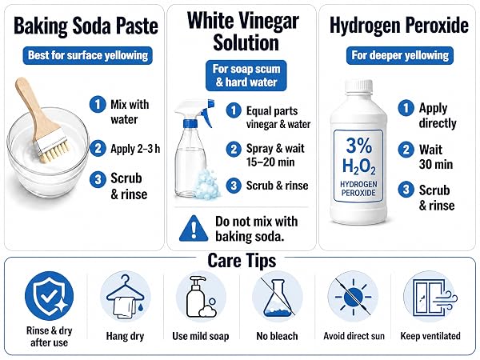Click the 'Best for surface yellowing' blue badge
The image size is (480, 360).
pos(87,55)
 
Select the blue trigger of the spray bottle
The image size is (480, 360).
pos(208,114)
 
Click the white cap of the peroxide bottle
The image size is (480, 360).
pos(358,86)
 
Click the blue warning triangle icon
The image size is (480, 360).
pos(194,228)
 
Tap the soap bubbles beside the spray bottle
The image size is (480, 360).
pos(208,184)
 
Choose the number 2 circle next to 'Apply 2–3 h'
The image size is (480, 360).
pos(98,149)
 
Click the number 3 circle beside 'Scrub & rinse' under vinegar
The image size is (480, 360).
pos(234,186)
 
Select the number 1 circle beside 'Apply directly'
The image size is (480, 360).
pos(406,108)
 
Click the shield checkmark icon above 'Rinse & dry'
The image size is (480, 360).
pos(50,296)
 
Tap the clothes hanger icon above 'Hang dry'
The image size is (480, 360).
pos(126,297)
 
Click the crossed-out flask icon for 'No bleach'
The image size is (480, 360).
pos(277,296)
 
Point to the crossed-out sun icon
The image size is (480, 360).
pos(354,297)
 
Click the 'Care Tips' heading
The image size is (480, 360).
pos(242,261)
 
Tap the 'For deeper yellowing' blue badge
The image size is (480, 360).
pos(400,55)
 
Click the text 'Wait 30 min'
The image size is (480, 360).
pos(436,157)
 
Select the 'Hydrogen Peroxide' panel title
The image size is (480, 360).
pos(399,26)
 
